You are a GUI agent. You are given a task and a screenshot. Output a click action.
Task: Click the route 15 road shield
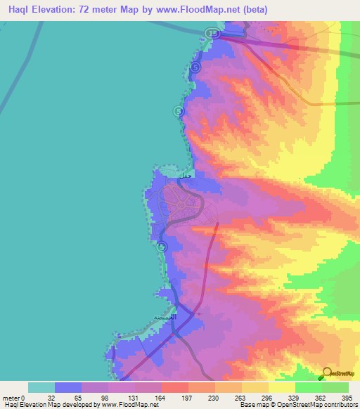[212, 33]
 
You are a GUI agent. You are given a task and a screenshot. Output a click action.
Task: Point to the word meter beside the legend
[11, 397]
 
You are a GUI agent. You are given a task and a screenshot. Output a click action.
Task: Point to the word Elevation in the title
[60, 10]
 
